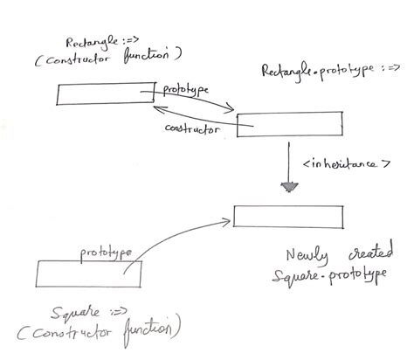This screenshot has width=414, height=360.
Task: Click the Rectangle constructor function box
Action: tap(105, 93)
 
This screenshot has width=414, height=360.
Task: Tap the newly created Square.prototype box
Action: tap(293, 216)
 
